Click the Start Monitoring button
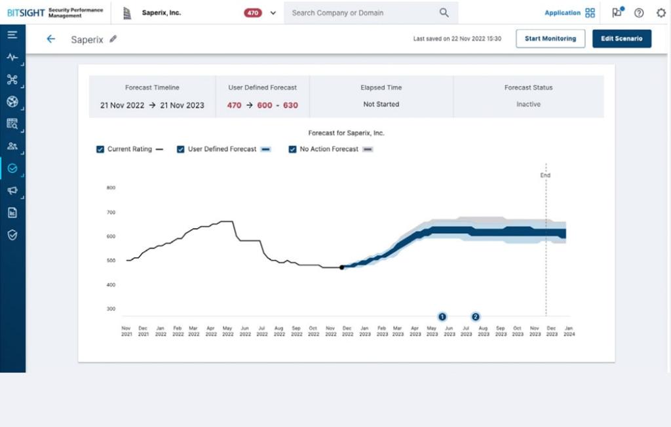[550, 39]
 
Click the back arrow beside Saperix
[50, 39]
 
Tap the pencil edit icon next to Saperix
[113, 39]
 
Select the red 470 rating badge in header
[253, 12]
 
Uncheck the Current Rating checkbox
[100, 149]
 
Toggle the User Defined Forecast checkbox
[181, 149]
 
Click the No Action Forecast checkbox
[293, 149]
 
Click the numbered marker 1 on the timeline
[442, 316]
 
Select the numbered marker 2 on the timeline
[476, 316]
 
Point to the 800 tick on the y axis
[111, 188]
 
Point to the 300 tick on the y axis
[111, 309]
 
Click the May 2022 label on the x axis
[228, 331]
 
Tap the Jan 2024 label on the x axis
[568, 331]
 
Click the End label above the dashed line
[545, 176]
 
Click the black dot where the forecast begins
[341, 267]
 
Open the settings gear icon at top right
[661, 12]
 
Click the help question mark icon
[639, 12]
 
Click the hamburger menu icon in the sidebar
[12, 35]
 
